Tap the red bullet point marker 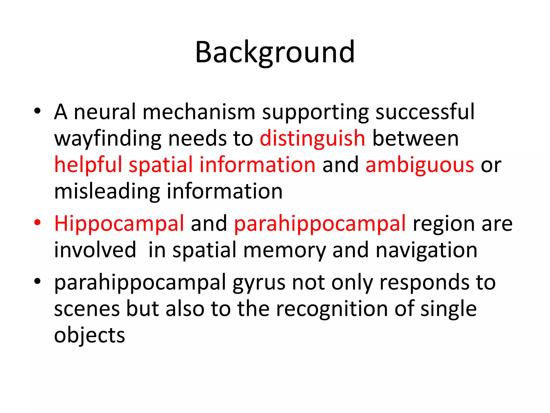click(x=37, y=222)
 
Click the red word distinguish click(x=312, y=138)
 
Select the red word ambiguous click(x=420, y=165)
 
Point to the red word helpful click(x=88, y=165)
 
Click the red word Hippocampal click(x=119, y=224)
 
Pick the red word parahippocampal click(x=320, y=224)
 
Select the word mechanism click(x=199, y=112)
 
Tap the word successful click(x=425, y=112)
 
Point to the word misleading click(x=107, y=191)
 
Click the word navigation click(x=426, y=250)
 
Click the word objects click(x=89, y=336)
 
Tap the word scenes click(x=87, y=309)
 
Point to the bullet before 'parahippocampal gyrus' click(x=37, y=281)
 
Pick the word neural click(x=104, y=112)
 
